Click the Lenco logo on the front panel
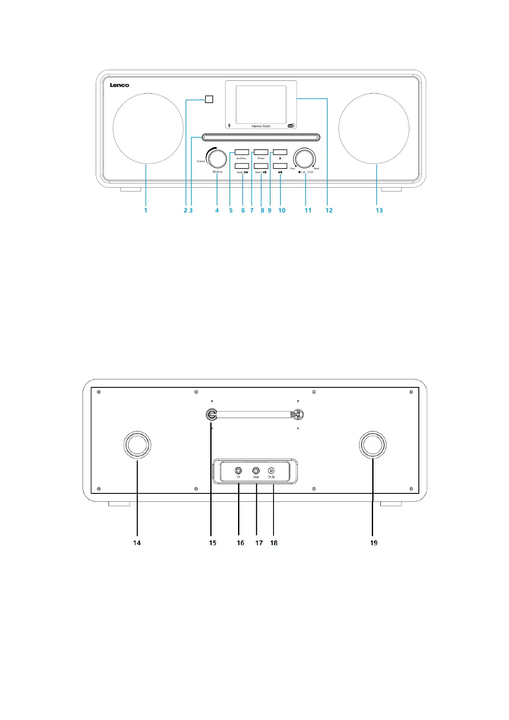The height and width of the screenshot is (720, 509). click(119, 85)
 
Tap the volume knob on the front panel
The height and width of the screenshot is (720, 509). click(217, 159)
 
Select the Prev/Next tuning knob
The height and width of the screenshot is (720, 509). click(304, 159)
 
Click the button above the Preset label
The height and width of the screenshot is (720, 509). click(261, 152)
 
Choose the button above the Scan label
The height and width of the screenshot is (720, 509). click(261, 166)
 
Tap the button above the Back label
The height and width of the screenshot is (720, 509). click(242, 166)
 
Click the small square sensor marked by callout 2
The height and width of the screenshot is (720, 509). click(209, 99)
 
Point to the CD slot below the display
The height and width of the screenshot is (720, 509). click(261, 137)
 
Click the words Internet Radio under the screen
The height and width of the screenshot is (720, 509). click(261, 126)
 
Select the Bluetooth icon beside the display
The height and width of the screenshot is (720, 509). click(229, 125)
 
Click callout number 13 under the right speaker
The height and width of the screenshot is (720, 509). click(379, 210)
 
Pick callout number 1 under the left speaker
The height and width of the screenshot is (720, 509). click(146, 210)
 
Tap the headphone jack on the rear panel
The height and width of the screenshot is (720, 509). click(238, 471)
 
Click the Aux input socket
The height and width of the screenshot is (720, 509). click(256, 471)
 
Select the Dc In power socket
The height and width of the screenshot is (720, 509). click(271, 471)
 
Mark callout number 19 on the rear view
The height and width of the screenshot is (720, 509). click(374, 543)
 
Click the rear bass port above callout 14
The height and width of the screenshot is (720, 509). click(137, 445)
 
